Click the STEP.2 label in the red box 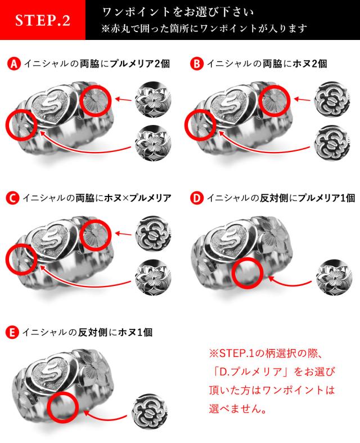(x=43, y=20)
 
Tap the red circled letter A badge (x=13, y=64)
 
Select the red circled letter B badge (x=196, y=64)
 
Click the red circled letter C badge (x=12, y=198)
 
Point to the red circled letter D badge (x=196, y=198)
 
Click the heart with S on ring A (x=51, y=105)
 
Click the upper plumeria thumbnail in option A (x=153, y=99)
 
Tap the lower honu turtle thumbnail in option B (x=332, y=143)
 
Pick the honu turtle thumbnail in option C (x=153, y=234)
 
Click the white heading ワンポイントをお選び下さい (x=178, y=12)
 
